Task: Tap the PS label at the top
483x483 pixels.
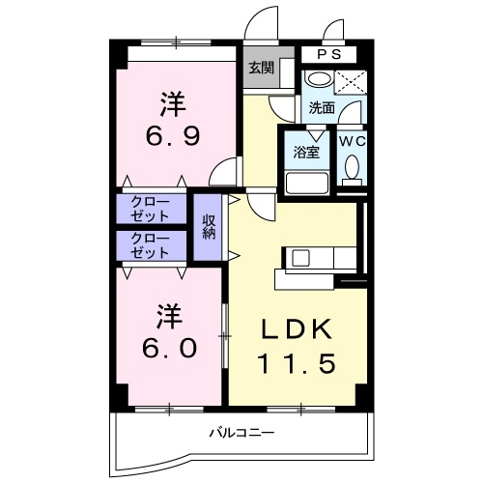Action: pos(322,55)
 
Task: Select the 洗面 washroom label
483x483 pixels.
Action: pos(322,108)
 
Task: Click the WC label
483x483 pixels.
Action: pos(352,140)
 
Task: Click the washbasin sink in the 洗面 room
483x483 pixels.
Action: pos(319,81)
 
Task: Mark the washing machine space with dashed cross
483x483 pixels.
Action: pos(354,82)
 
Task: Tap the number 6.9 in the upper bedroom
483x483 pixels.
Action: pos(174,135)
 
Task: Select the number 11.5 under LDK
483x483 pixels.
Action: pos(298,364)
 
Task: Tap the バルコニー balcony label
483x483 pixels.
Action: pos(242,432)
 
